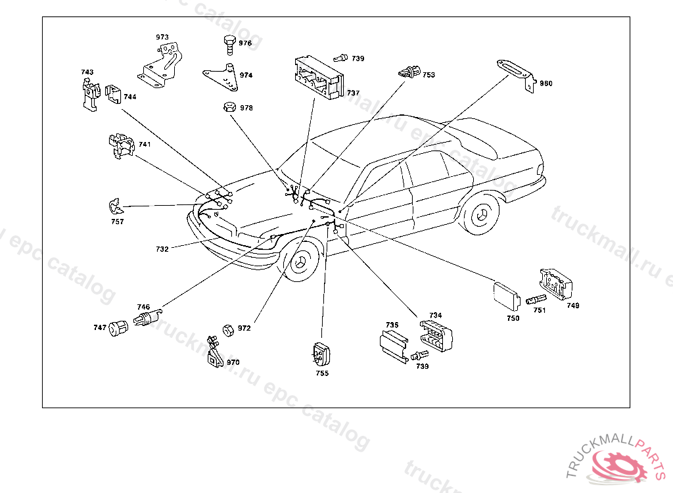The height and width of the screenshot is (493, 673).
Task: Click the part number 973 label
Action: (162, 37)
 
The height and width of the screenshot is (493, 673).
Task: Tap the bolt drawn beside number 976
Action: (227, 43)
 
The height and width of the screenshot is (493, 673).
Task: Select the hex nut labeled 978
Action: (228, 106)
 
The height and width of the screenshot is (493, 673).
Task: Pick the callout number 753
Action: (429, 75)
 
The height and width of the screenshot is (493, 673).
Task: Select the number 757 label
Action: (117, 222)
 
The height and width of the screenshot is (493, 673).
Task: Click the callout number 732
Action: (162, 249)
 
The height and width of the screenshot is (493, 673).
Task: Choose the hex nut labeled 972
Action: (228, 329)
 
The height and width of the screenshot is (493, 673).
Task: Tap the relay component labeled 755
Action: (321, 355)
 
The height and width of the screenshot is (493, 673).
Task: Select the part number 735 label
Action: (392, 325)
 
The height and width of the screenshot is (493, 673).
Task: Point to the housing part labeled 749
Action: (556, 283)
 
